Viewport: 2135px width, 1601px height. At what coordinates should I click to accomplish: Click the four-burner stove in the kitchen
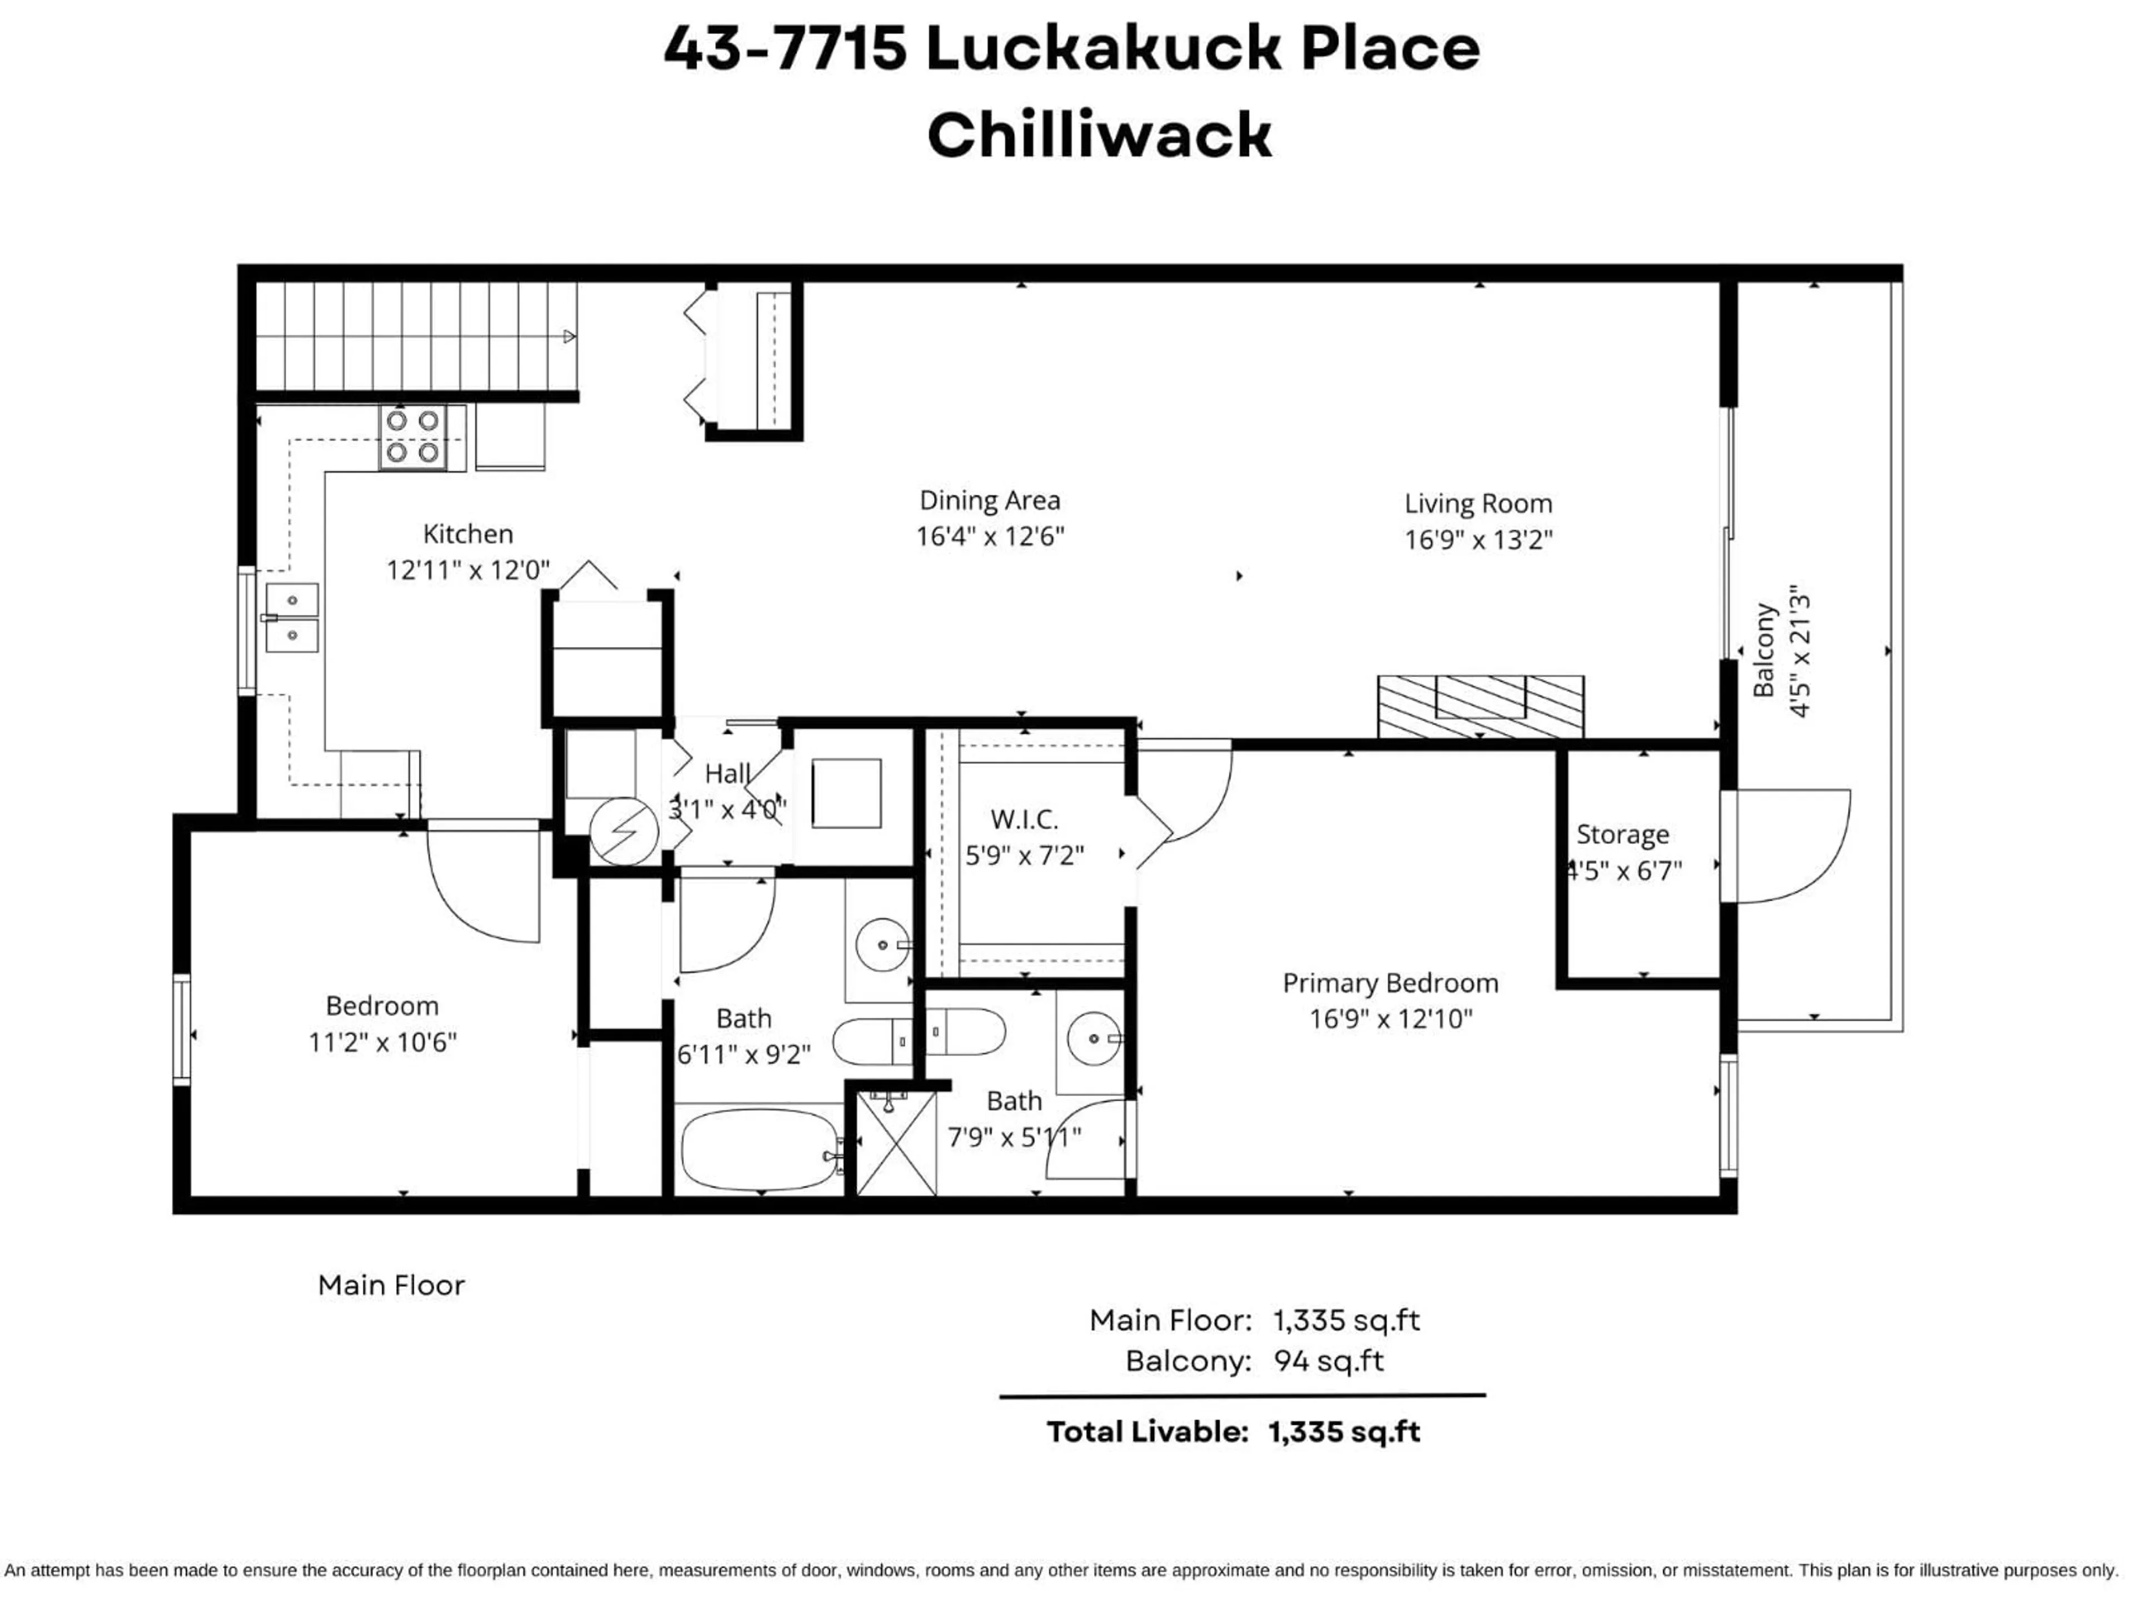click(x=413, y=436)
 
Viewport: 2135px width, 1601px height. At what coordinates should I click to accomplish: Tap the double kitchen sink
click(x=291, y=618)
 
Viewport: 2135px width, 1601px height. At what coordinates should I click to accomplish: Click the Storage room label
click(x=1622, y=835)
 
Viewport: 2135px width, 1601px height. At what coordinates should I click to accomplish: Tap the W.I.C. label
click(x=1024, y=821)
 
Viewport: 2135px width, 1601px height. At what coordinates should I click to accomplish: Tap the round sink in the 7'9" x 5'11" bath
click(x=1094, y=1038)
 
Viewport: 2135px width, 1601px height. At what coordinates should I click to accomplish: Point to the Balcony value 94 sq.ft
click(x=1328, y=1361)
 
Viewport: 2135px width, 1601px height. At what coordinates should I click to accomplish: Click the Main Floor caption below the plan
click(x=391, y=1285)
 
